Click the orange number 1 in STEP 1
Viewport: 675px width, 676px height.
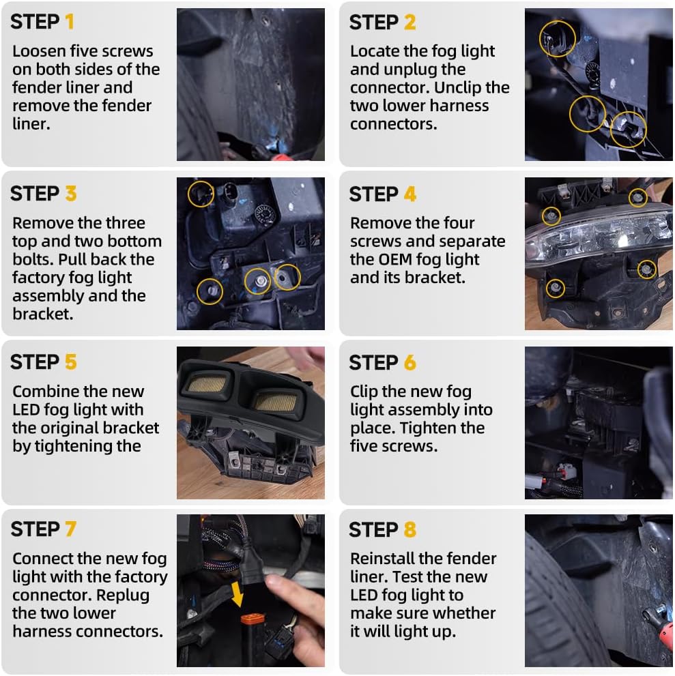tap(69, 22)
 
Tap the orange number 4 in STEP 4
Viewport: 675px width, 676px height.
tap(410, 194)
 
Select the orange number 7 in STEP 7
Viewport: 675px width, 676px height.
tap(71, 529)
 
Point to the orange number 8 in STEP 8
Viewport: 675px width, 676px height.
tap(410, 529)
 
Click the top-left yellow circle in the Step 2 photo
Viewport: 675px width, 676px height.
tap(557, 38)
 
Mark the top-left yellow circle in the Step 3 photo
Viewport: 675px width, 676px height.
tap(201, 194)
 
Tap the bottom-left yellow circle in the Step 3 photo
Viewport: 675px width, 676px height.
tap(210, 291)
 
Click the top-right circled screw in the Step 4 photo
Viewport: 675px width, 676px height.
tap(638, 198)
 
